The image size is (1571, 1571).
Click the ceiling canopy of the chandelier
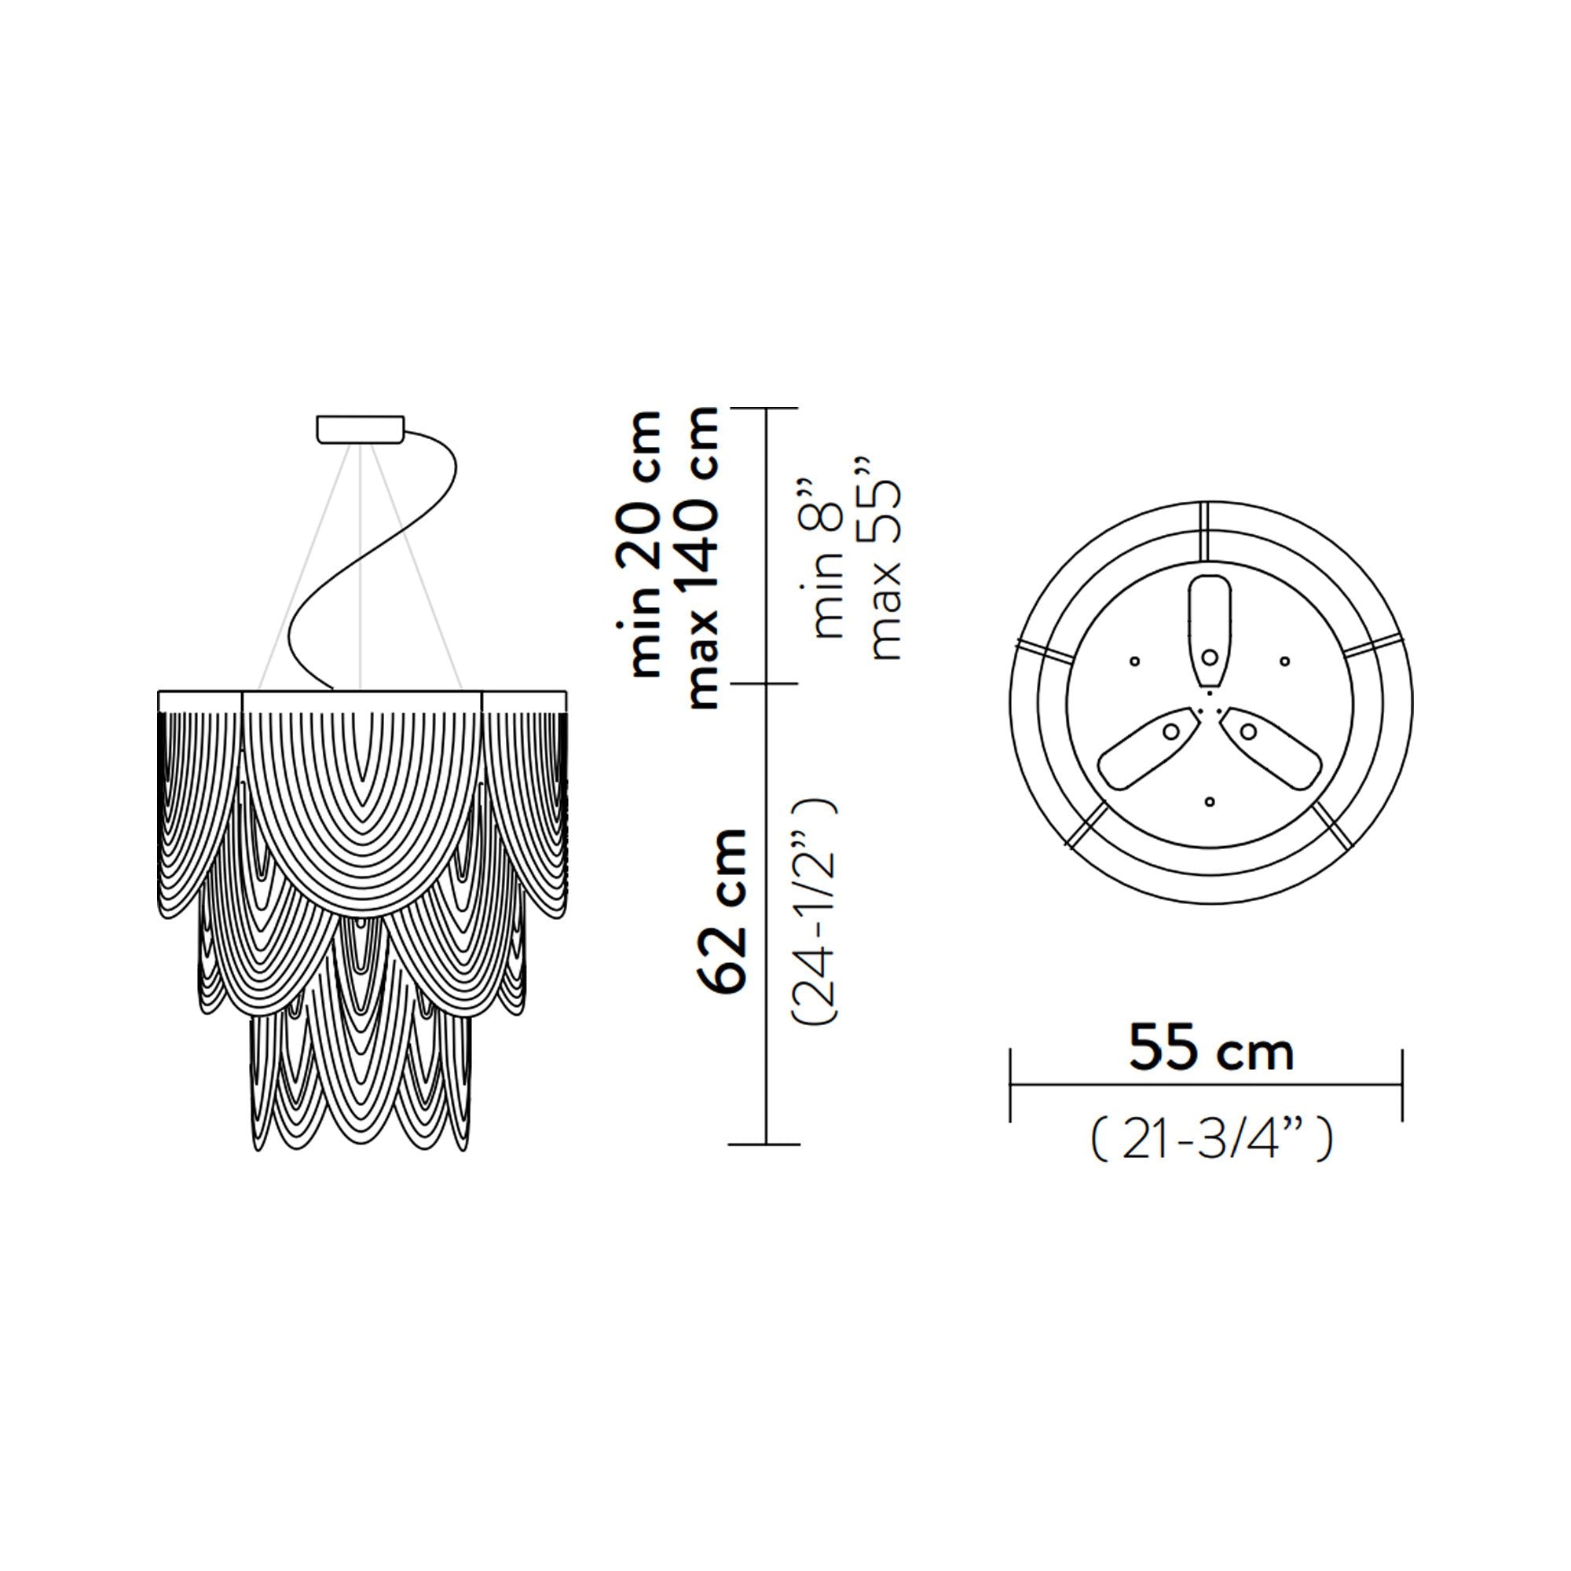click(361, 430)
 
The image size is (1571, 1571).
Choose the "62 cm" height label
click(722, 910)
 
